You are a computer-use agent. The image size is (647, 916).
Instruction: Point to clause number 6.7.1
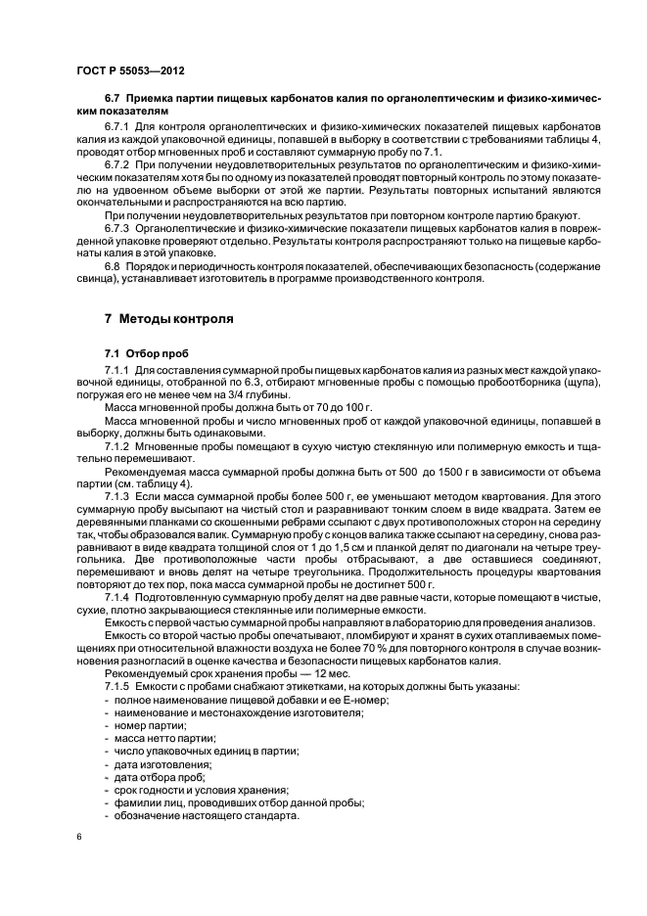117,128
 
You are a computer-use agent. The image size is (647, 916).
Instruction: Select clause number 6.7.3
117,227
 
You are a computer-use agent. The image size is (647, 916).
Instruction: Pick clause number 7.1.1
117,371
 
